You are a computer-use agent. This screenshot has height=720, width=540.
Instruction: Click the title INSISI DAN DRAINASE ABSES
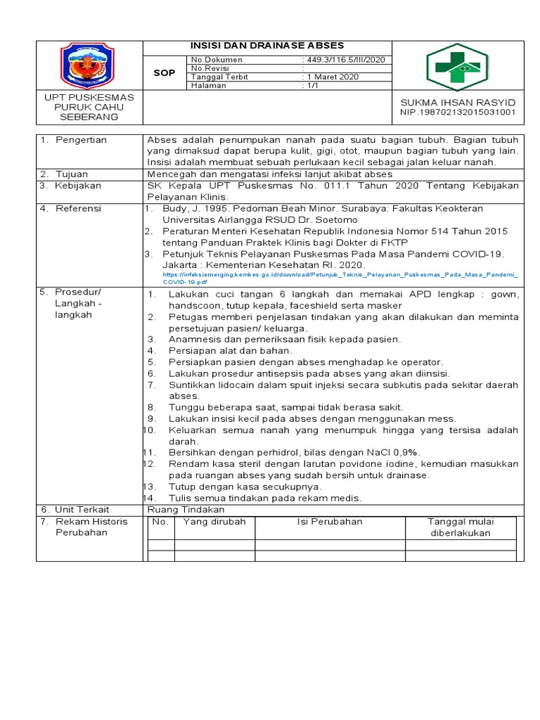click(267, 46)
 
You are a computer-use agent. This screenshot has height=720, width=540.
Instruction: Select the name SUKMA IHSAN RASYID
click(458, 102)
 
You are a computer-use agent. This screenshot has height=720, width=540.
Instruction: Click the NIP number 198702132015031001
click(458, 112)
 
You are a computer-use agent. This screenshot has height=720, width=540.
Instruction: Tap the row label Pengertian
click(82, 140)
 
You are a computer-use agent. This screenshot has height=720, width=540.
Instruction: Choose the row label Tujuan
click(72, 174)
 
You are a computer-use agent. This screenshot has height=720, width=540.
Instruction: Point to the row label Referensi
click(78, 209)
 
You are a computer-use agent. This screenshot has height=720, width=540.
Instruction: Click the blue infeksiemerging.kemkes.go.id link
click(340, 275)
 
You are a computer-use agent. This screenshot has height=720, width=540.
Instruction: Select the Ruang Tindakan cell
click(186, 510)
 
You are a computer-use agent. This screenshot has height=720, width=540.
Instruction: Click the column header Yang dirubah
click(214, 522)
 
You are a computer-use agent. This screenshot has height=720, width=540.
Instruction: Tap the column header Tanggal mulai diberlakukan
click(461, 527)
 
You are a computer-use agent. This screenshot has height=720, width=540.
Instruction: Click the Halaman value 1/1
click(311, 85)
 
